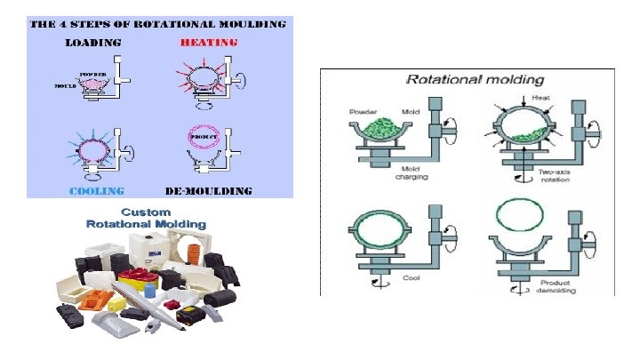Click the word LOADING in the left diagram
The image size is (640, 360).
(x=92, y=42)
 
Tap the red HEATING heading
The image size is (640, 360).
(x=209, y=42)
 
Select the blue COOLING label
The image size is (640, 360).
(x=98, y=190)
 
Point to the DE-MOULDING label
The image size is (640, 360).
(x=209, y=190)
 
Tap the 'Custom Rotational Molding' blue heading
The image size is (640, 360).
(x=146, y=219)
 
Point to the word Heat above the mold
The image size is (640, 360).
(x=540, y=98)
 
